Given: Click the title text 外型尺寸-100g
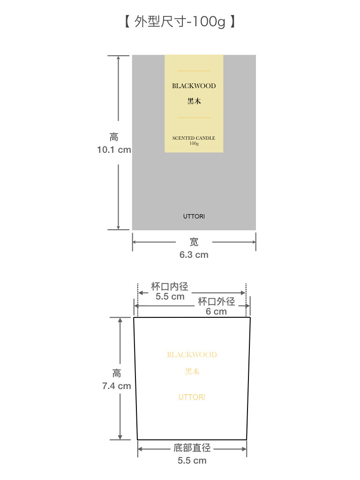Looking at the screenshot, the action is (180, 22).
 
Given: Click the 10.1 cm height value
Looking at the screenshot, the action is (114, 150).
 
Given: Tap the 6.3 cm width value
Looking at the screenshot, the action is (194, 255).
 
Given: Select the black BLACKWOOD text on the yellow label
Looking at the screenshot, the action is (194, 86).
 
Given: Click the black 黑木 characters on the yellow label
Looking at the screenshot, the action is (194, 101).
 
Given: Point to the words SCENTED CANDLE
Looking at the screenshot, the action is (194, 138).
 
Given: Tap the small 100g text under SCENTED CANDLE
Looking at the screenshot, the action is (194, 143).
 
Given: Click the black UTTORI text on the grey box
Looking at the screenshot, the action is (194, 217).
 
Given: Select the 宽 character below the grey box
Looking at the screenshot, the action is (194, 242).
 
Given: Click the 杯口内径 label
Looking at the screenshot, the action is (170, 286).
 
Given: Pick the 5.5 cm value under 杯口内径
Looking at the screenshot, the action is (170, 297).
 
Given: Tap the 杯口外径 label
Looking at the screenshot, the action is (217, 301).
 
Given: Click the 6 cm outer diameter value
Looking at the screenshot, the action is (216, 312).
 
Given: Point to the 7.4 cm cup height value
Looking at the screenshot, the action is (117, 386).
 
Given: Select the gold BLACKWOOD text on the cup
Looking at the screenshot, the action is (192, 355).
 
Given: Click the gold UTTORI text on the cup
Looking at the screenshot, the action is (192, 397).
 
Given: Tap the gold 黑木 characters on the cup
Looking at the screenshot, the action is (192, 372).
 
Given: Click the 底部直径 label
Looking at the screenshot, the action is (192, 448).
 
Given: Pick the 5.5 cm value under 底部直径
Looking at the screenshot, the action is (192, 460).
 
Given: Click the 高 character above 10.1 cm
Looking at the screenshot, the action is (114, 137).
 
